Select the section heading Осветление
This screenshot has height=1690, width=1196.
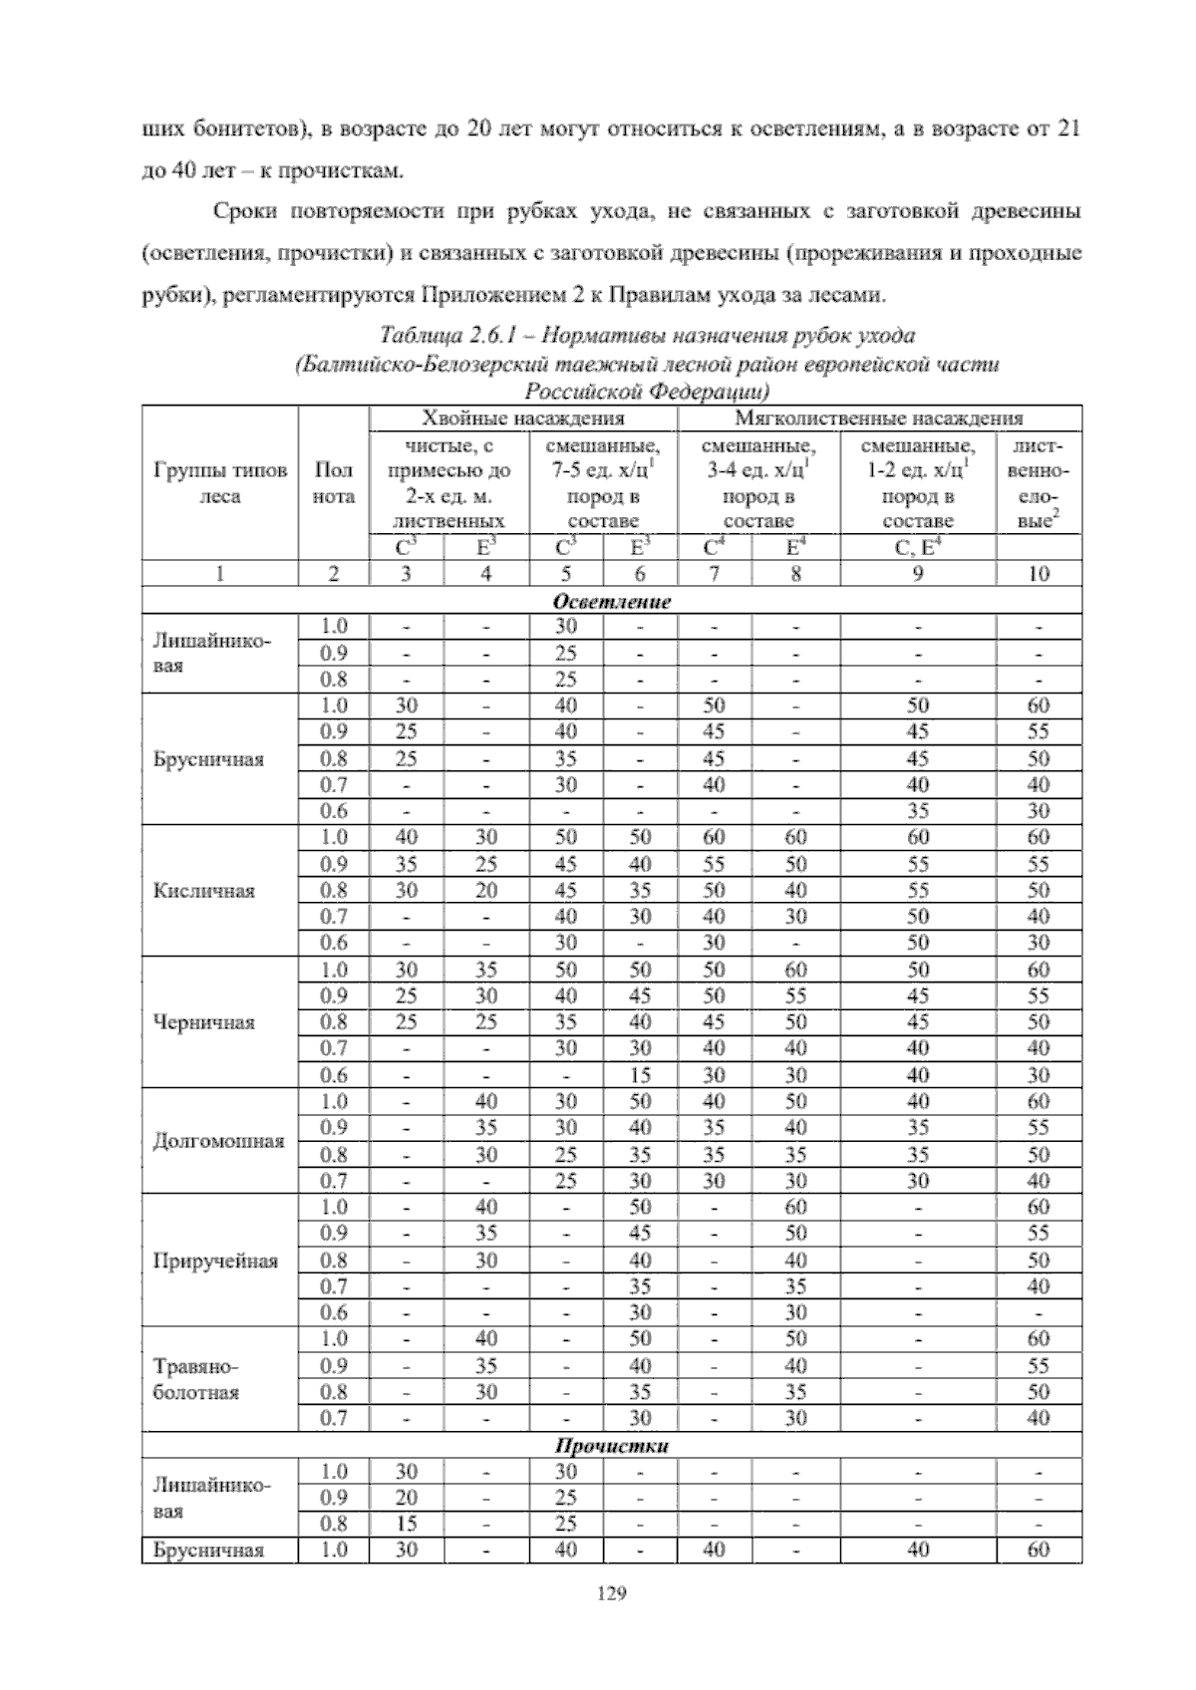(611, 601)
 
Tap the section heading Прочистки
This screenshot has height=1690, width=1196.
(611, 1445)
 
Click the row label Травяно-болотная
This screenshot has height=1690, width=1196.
(196, 1379)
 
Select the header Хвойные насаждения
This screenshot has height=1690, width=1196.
(523, 418)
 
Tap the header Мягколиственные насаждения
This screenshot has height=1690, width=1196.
(879, 418)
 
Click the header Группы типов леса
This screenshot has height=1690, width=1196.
(220, 482)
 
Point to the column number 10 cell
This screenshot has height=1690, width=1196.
(1039, 573)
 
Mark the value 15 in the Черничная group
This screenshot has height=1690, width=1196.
(640, 1075)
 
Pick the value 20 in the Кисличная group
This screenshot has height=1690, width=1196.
(485, 890)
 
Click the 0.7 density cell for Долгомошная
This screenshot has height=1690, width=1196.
(334, 1181)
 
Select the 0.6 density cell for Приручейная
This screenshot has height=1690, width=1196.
(334, 1312)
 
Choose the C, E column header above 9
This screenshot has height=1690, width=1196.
(917, 547)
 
